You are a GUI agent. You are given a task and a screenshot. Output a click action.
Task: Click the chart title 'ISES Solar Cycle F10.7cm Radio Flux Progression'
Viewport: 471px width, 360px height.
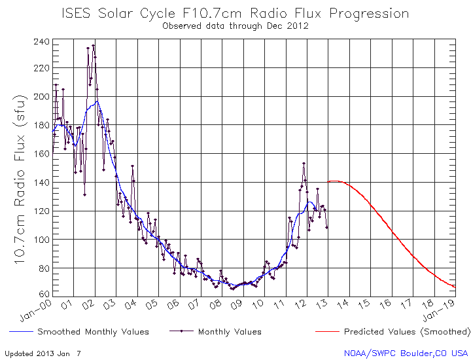(235, 13)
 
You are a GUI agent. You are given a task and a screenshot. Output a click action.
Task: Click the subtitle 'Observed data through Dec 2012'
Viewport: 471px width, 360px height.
(235, 26)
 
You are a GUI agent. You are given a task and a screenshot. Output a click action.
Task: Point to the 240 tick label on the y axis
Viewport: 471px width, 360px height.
(41, 41)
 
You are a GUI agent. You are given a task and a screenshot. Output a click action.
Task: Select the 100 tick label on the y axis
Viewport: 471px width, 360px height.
(41, 240)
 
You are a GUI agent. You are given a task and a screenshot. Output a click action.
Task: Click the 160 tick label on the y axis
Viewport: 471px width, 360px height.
(41, 154)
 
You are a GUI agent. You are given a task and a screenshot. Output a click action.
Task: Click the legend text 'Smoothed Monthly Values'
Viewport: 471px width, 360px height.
(93, 332)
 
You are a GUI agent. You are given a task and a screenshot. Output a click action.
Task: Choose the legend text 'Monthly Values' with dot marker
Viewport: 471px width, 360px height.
(230, 332)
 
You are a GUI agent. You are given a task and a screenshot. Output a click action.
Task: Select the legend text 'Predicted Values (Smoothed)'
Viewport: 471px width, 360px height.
(407, 332)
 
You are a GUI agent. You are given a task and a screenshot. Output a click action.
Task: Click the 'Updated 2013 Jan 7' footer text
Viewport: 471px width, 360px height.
(43, 353)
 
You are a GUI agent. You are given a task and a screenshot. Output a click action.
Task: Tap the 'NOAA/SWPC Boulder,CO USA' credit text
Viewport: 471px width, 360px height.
(406, 353)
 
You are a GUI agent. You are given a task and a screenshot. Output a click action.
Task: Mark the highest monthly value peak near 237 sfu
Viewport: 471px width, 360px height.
(93, 45)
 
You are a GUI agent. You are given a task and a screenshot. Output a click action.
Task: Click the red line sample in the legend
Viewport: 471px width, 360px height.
(327, 332)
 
